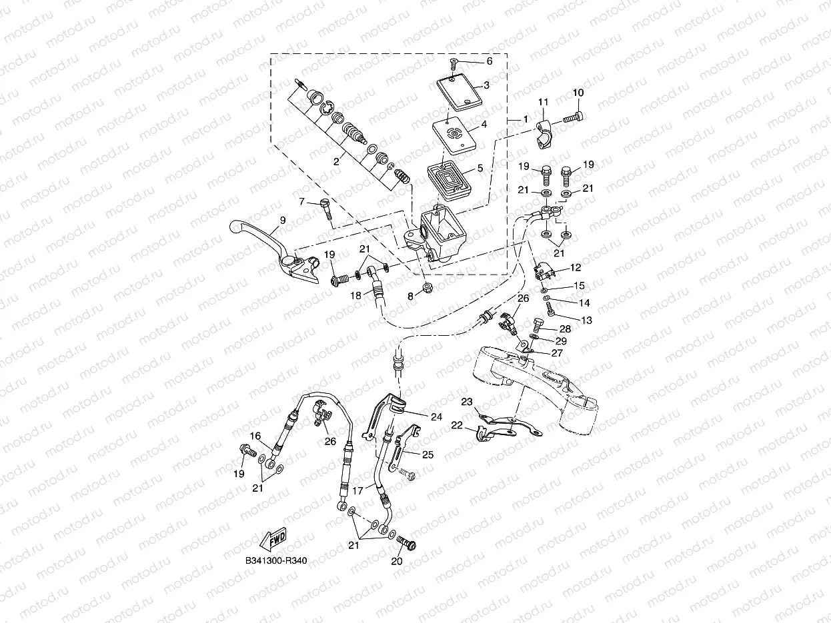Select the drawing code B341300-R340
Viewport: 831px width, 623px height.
click(x=275, y=560)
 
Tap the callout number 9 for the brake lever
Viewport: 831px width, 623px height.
click(x=283, y=220)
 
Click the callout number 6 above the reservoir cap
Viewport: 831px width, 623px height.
click(x=489, y=61)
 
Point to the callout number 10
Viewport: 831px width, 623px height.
click(x=578, y=93)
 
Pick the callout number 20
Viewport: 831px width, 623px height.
click(x=398, y=562)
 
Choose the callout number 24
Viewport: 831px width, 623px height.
click(x=436, y=417)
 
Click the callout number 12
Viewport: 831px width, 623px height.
click(x=575, y=267)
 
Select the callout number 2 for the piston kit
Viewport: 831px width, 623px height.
click(x=336, y=161)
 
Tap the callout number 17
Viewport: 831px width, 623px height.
click(x=358, y=490)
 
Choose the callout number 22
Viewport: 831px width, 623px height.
click(x=456, y=425)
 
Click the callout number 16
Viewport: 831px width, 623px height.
click(x=255, y=436)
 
